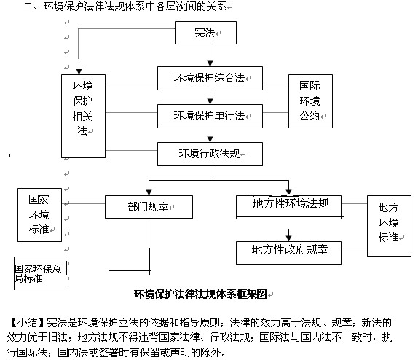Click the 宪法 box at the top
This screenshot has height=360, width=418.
point(205,33)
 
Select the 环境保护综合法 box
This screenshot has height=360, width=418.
point(210,78)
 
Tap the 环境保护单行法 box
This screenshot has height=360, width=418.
point(210,116)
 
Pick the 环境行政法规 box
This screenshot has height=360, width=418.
point(210,154)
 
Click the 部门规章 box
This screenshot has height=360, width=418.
point(149,207)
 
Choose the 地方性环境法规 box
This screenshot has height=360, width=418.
point(288,206)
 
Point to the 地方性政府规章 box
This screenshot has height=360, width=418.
point(288,253)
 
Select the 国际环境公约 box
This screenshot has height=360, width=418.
point(310,101)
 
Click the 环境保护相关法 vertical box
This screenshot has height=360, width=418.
point(84,116)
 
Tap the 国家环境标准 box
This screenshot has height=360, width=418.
point(40,215)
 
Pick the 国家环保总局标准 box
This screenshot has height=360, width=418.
point(40,273)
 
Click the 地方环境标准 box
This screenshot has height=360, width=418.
point(389,226)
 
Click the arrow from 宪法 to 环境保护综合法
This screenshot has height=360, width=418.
point(210,55)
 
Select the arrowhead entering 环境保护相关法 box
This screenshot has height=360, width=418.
point(79,71)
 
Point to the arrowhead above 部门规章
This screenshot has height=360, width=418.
point(149,192)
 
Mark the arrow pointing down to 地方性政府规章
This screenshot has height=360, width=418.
point(288,235)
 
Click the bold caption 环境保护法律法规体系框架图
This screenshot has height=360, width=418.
point(200,294)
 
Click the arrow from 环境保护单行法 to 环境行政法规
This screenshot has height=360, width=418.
point(210,136)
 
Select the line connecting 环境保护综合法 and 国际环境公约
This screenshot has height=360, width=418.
point(276,82)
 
